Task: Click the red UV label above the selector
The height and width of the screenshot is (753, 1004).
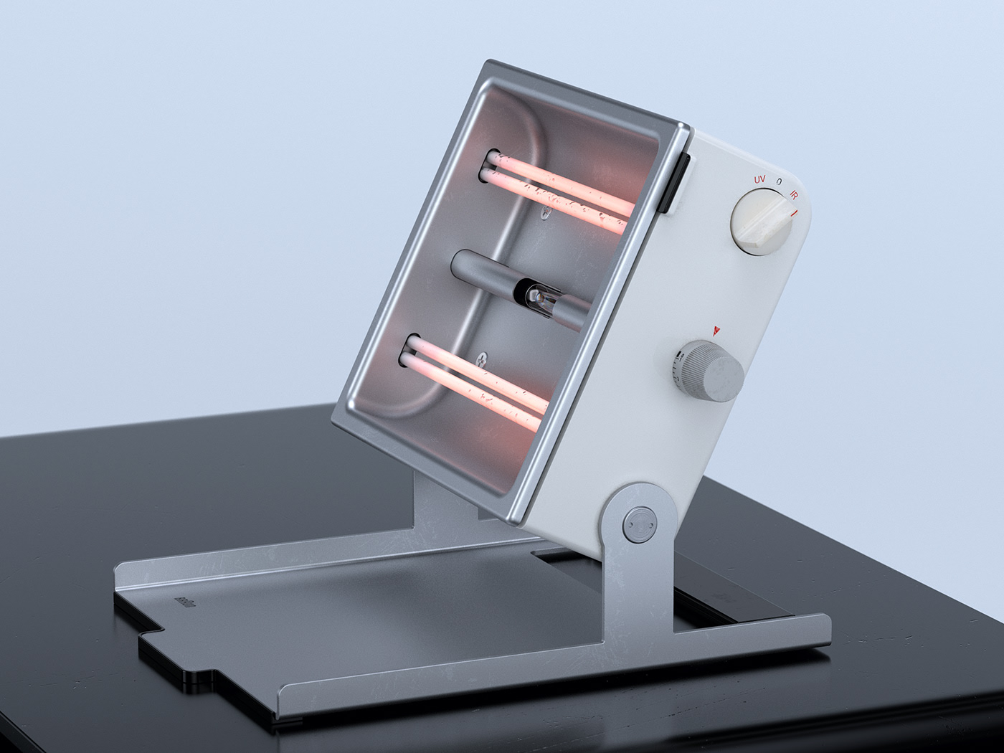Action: click(761, 178)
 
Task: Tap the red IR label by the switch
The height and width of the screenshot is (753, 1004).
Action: click(793, 194)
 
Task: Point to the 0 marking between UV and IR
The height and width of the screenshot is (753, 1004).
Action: click(779, 184)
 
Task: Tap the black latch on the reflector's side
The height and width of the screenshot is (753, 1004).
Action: click(681, 182)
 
